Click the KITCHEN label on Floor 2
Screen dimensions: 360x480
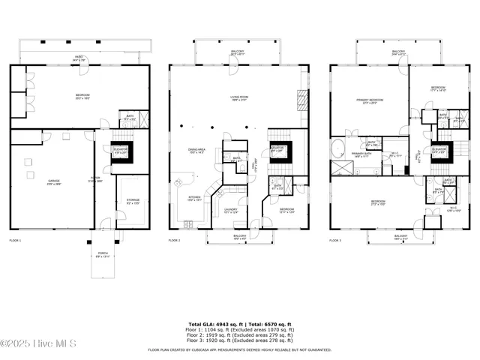(194, 199)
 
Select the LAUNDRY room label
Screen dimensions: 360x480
(230, 211)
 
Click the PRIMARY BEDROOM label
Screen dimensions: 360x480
(369, 100)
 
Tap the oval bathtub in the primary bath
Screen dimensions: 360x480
(339, 145)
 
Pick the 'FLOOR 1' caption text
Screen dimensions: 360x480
(16, 240)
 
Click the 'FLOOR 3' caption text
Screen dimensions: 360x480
(335, 240)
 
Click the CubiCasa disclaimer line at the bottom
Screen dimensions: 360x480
(239, 349)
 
